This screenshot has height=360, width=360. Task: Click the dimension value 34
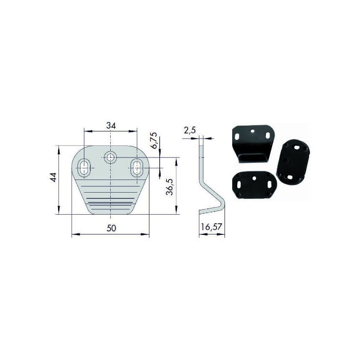click(111, 126)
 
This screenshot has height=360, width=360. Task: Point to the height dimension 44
click(53, 177)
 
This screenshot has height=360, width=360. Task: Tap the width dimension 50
click(111, 228)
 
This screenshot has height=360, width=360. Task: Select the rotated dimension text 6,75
click(154, 140)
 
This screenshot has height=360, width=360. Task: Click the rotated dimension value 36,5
click(170, 187)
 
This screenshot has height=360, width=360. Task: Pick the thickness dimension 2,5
click(189, 130)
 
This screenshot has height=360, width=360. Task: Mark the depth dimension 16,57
click(211, 227)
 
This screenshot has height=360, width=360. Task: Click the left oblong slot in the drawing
click(84, 168)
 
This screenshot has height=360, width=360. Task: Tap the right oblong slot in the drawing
click(137, 168)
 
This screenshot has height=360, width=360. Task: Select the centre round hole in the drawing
click(110, 157)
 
